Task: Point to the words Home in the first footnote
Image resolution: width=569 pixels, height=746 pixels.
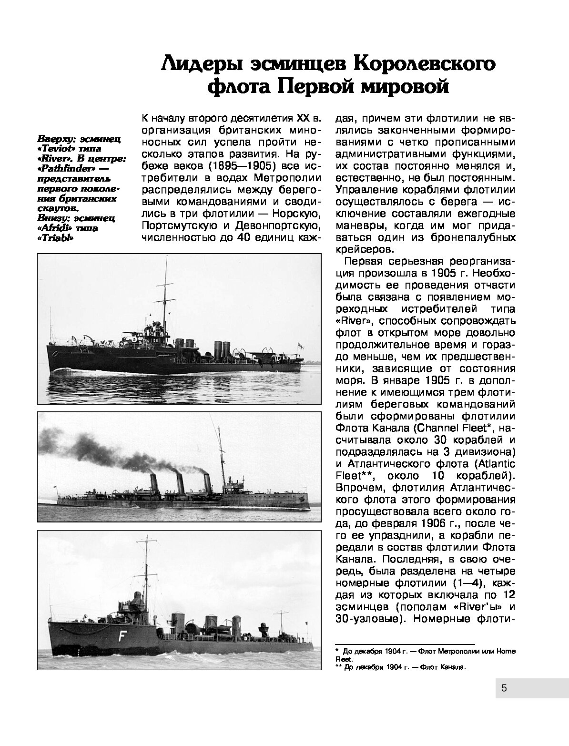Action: pos(506,651)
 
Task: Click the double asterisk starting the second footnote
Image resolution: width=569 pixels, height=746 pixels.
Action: pos(338,667)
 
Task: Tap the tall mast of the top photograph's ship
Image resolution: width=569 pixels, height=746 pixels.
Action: pos(166,296)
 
